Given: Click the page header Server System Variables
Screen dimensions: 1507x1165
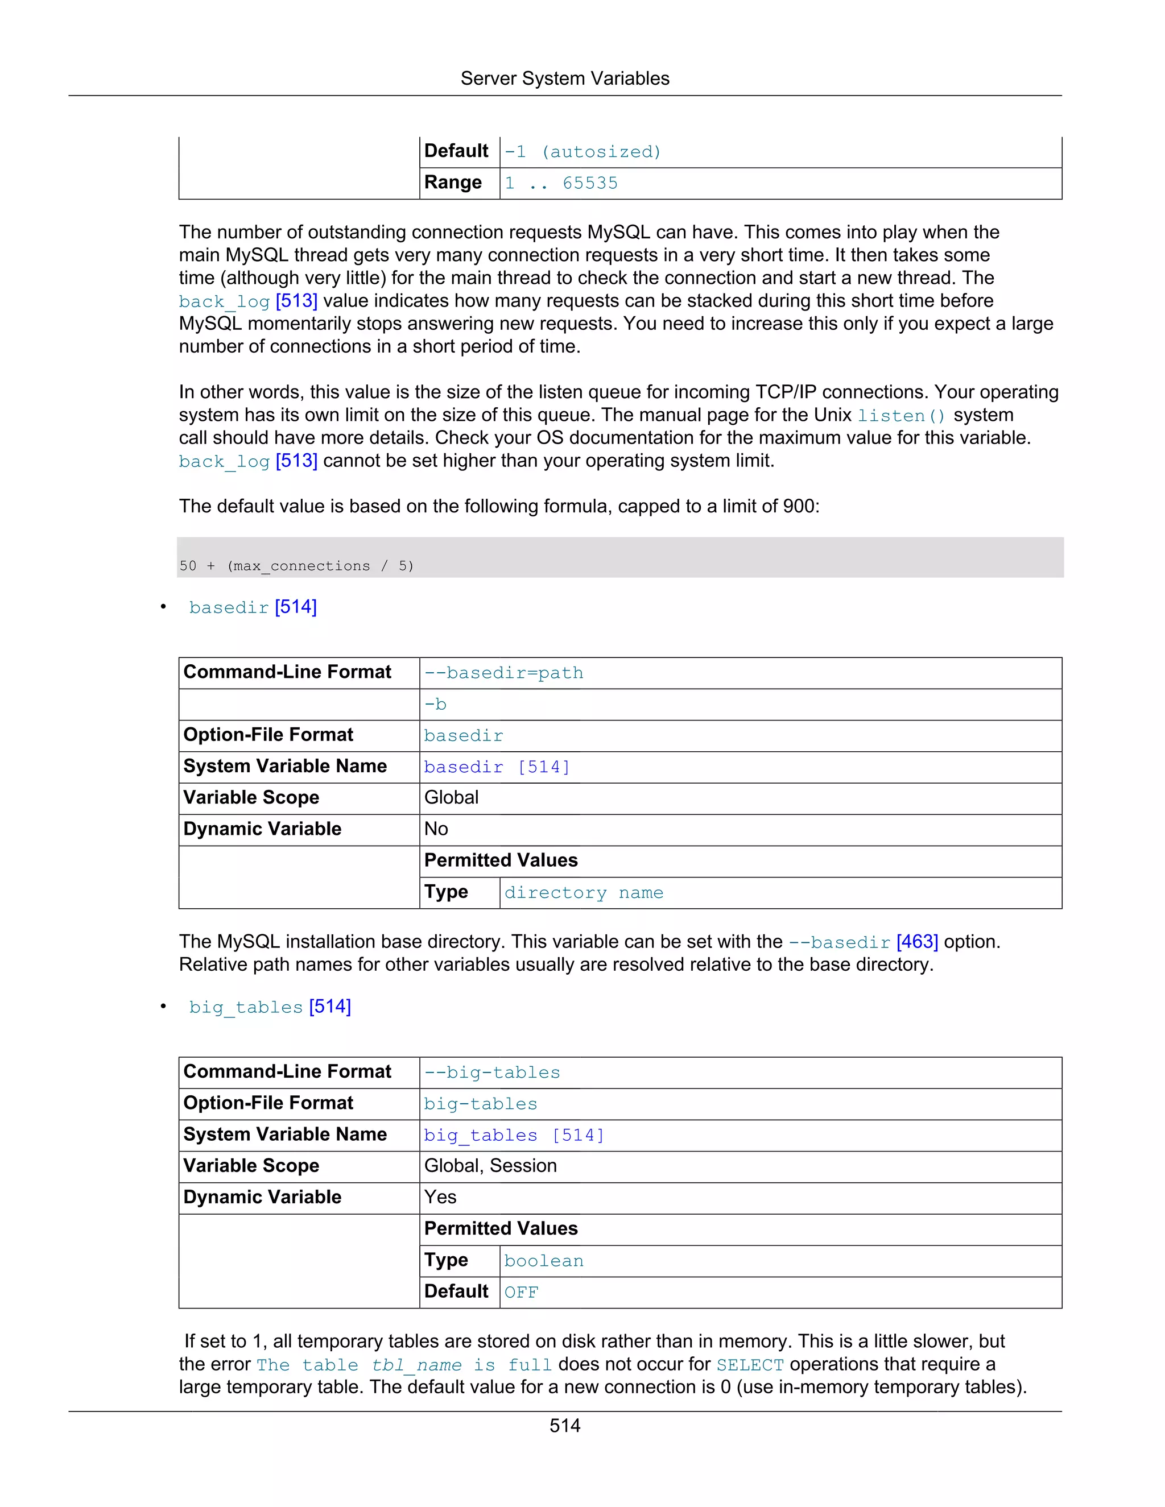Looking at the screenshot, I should [x=564, y=78].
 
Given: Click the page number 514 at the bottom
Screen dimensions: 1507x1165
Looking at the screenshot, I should [x=564, y=1426].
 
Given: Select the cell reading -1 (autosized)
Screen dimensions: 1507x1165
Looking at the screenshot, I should [x=582, y=152].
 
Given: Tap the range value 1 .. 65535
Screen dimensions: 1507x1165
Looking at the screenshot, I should [x=560, y=183].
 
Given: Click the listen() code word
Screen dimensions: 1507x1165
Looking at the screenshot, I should [x=900, y=415].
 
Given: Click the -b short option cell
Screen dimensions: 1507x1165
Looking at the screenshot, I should [x=436, y=705].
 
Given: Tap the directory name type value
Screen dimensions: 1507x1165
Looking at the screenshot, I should [x=583, y=893].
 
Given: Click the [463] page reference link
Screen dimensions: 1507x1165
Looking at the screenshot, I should [x=916, y=942].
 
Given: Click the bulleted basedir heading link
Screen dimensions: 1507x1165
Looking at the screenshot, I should [x=252, y=607].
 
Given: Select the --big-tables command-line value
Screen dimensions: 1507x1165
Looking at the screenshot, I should [x=491, y=1073].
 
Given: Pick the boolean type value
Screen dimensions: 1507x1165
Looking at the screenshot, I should [x=544, y=1261].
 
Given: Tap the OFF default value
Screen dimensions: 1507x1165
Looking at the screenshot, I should [x=521, y=1293].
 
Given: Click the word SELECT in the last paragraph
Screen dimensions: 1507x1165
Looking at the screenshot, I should [x=750, y=1365].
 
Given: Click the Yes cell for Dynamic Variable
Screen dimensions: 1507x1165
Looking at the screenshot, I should [x=440, y=1197].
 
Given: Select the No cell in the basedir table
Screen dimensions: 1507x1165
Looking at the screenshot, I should [x=436, y=829].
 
